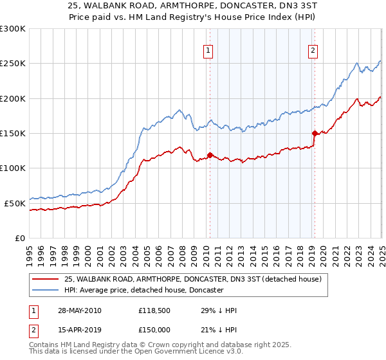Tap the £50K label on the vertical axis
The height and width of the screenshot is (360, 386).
point(15,203)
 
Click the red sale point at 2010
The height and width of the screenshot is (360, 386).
point(210,155)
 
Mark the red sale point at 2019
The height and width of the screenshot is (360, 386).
point(315,133)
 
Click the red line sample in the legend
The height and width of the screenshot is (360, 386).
point(46,279)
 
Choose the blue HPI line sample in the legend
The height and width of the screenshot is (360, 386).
point(46,290)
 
